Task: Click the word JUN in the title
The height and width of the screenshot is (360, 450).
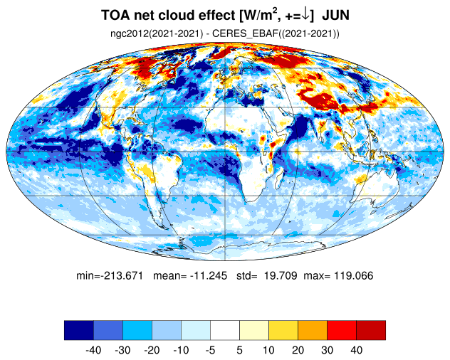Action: pyautogui.click(x=336, y=15)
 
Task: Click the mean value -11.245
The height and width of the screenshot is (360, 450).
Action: pyautogui.click(x=209, y=275)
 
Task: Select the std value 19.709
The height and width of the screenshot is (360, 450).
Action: pyautogui.click(x=281, y=275)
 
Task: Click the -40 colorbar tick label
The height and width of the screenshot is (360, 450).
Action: pyautogui.click(x=93, y=350)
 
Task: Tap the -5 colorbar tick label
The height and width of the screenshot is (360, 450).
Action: pyautogui.click(x=210, y=350)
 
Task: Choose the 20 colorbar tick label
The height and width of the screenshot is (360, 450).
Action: pyautogui.click(x=298, y=350)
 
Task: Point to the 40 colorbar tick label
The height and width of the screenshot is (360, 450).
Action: pyautogui.click(x=357, y=350)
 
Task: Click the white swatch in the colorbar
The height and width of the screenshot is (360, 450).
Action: pyautogui.click(x=225, y=330)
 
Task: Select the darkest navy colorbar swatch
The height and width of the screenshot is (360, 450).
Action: pyautogui.click(x=79, y=330)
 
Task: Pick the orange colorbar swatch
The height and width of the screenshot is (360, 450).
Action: pyautogui.click(x=313, y=330)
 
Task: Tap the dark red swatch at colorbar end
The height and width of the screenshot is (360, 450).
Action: pyautogui.click(x=371, y=330)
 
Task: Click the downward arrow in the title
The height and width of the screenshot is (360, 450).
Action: pyautogui.click(x=306, y=15)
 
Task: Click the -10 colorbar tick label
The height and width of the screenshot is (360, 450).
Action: pyautogui.click(x=181, y=350)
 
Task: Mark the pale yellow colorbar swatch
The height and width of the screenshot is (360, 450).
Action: pyautogui.click(x=254, y=330)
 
